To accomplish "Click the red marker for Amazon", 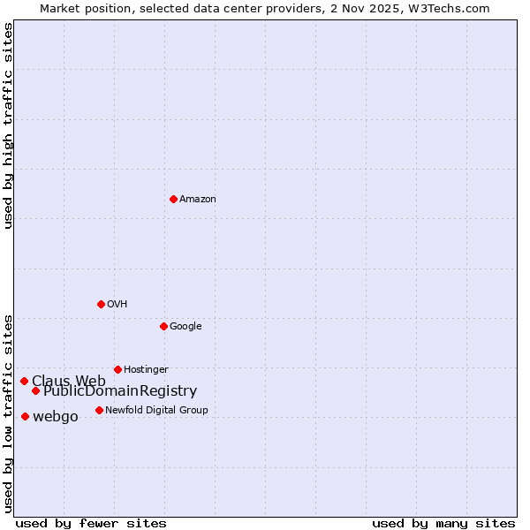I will coord(173,199).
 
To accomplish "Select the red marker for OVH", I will coord(101,304).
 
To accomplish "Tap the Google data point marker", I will coord(163,326).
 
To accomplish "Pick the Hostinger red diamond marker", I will coord(117,369).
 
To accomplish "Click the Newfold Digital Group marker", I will coord(99,410).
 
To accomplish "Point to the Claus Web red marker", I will coord(24,381).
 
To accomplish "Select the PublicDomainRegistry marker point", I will coord(35,390).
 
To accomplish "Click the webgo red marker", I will coord(25,416).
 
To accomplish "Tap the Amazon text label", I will coord(198,199).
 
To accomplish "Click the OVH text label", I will coord(117,304).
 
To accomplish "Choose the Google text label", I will coord(185,326).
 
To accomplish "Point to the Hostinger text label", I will coord(146,369).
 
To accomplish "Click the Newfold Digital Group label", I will coord(156,410).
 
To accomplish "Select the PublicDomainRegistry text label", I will coord(120,391).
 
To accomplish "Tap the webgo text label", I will coord(55,417).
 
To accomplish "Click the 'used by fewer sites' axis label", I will coord(91,523).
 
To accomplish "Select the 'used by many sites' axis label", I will coord(443,523).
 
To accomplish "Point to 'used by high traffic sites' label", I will coord(8,125).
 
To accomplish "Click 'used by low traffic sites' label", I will coord(8,413).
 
